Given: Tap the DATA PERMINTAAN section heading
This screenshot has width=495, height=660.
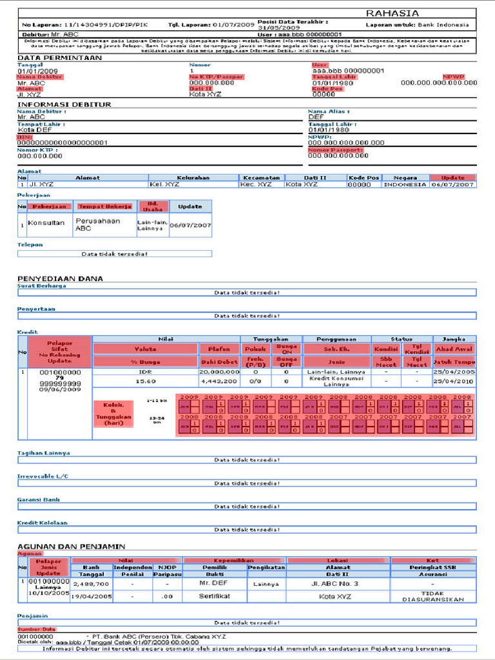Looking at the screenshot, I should click(59, 57).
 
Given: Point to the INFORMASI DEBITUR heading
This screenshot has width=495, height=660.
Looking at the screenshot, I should click(64, 104).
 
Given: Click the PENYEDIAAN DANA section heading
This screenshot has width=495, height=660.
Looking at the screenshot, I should click(60, 278).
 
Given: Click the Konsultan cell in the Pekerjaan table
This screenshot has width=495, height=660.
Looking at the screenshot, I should click(46, 222).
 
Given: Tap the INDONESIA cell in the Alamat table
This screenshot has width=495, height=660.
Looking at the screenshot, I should click(405, 184).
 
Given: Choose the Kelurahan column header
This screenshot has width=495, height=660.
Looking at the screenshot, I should click(193, 177).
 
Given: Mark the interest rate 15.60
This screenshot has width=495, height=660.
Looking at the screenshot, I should click(144, 382).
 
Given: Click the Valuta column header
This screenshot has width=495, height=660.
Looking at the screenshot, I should click(144, 349).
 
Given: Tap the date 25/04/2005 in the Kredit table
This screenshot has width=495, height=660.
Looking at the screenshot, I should click(454, 372).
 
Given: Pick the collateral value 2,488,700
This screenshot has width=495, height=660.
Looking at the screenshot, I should click(91, 583).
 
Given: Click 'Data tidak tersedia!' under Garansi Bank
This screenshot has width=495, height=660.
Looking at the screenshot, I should click(247, 506).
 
